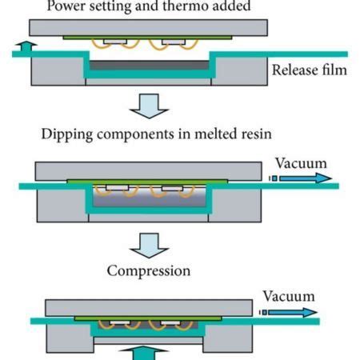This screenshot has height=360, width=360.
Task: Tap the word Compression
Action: point(149,270)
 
